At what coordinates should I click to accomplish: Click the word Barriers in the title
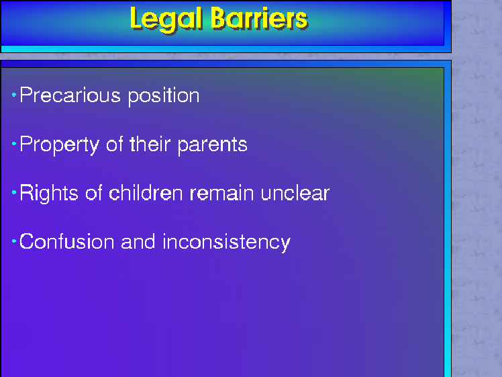tap(259, 18)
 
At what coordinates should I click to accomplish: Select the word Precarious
tap(70, 95)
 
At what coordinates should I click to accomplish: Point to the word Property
tap(60, 145)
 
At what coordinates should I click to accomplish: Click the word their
tap(150, 144)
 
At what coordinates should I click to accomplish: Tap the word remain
tap(222, 194)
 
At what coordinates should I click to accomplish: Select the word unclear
tap(295, 193)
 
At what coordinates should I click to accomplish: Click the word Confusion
tap(66, 241)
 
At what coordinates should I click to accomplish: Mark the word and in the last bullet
tap(138, 241)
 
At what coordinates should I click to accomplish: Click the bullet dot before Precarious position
tap(14, 95)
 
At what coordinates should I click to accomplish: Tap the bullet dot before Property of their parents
tap(14, 144)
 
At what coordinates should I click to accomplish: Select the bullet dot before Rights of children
tap(14, 192)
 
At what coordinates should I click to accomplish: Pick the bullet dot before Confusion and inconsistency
tap(14, 241)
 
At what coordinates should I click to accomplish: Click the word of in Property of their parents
tap(115, 144)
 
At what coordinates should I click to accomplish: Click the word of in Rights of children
tap(93, 193)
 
